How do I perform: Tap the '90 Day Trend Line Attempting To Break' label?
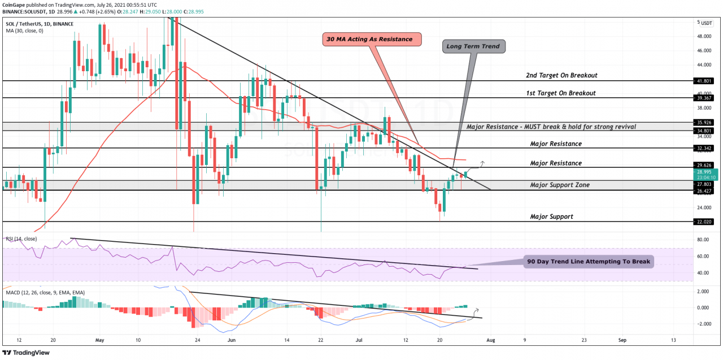click(x=588, y=262)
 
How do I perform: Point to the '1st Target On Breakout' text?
click(x=559, y=93)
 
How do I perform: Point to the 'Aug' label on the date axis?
click(x=490, y=340)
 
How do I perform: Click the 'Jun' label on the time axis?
click(x=232, y=340)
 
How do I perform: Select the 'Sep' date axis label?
click(x=622, y=340)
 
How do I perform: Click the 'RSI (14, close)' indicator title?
click(x=21, y=238)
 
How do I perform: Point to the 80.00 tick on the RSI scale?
click(x=703, y=240)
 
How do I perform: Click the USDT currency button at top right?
click(x=707, y=23)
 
